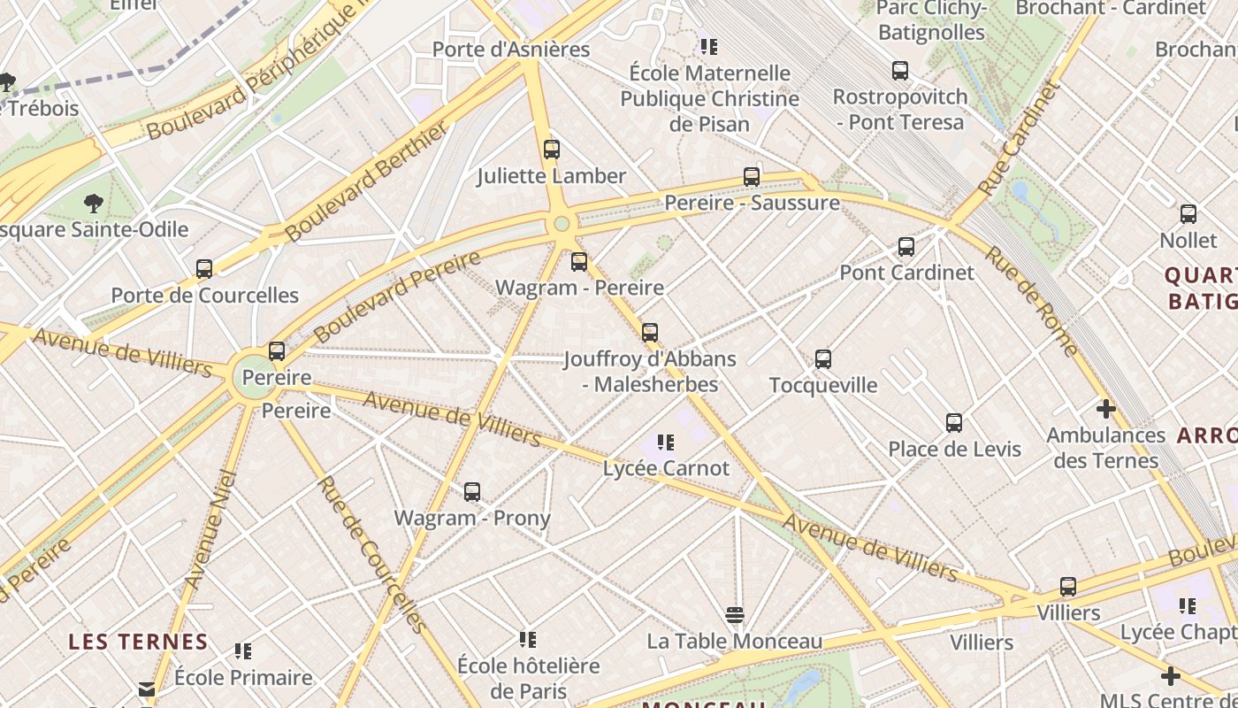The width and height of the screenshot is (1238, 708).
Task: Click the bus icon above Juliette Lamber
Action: (552, 150)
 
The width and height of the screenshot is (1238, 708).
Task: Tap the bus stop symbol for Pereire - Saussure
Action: (752, 177)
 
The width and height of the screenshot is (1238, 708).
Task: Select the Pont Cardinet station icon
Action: (906, 247)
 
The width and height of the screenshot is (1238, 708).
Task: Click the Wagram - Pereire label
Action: (579, 288)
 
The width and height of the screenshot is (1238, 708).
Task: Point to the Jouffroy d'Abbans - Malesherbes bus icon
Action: (650, 333)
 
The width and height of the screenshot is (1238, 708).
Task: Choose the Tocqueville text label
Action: (823, 385)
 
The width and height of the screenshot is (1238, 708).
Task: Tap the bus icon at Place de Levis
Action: (954, 423)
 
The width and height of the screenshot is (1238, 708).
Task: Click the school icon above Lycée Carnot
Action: (666, 442)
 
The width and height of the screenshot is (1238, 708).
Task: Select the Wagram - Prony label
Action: (472, 518)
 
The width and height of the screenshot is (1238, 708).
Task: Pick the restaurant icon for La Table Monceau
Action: (734, 614)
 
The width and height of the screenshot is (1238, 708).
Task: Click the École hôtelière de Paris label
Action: (528, 678)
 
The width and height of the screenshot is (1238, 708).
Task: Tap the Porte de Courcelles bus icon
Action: (204, 268)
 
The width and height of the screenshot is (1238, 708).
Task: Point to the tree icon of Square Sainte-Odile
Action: (94, 204)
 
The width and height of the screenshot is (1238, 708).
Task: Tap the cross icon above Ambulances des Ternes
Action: (1105, 409)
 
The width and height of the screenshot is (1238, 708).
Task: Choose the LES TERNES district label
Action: (138, 642)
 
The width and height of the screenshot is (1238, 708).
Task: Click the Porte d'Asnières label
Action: (510, 50)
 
